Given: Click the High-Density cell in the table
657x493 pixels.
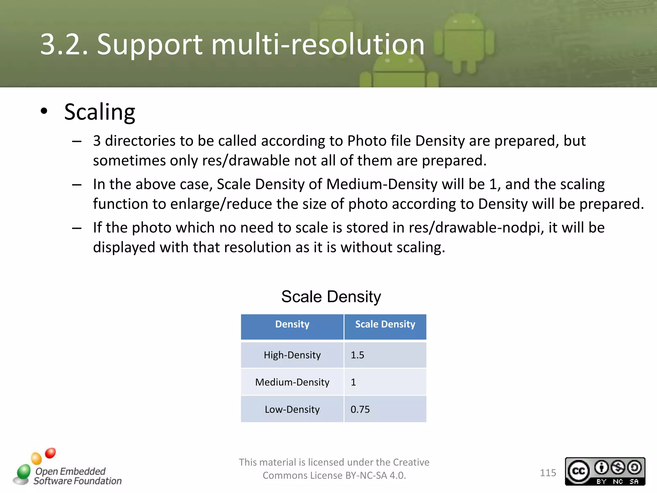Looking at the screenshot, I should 292,355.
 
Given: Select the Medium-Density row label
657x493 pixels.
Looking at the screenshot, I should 292,382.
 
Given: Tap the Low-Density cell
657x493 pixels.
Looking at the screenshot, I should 292,410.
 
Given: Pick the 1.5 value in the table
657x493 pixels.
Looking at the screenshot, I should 357,355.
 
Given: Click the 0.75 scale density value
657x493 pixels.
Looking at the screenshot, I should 360,410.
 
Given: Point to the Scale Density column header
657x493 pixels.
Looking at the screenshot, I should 385,324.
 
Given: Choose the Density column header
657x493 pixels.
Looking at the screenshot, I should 292,324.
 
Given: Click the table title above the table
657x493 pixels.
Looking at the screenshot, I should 331,297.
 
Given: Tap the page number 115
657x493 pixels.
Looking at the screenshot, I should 548,473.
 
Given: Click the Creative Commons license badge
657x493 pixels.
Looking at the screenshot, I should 605,471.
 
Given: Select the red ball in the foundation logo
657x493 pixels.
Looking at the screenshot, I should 50,453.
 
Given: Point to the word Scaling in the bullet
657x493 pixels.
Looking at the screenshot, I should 99,112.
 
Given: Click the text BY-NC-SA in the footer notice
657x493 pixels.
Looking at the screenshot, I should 366,475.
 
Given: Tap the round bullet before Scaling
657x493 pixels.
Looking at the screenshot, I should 44,111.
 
